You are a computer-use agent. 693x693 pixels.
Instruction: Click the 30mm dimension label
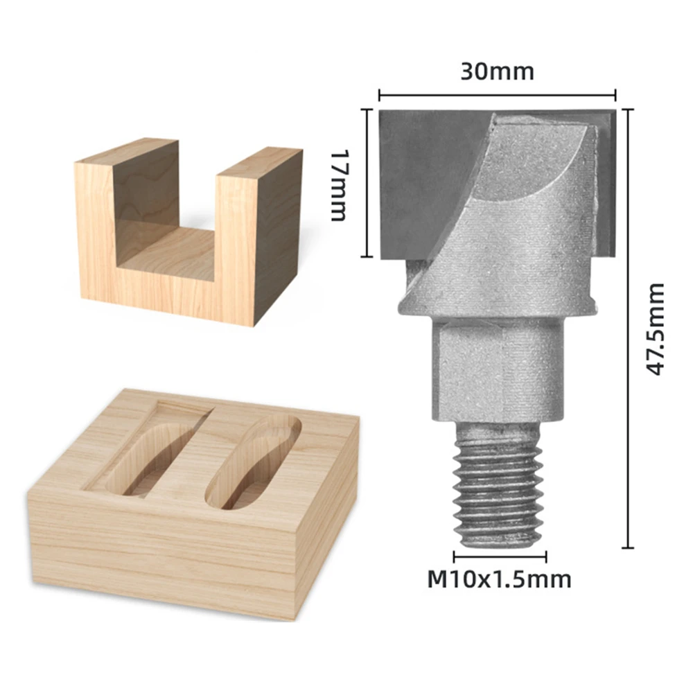(x=497, y=71)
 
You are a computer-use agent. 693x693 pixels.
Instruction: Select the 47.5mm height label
(x=654, y=328)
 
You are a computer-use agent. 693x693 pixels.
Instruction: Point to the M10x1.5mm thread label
(x=498, y=579)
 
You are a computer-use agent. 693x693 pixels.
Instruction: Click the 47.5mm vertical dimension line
(x=627, y=328)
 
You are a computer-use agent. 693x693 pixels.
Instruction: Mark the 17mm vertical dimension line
(x=366, y=184)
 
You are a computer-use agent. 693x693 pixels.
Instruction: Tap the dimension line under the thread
(x=500, y=556)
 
